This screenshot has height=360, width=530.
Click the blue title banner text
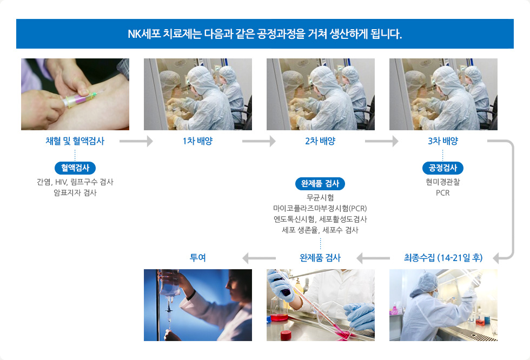point(264,34)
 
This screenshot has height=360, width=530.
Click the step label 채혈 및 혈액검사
point(75,141)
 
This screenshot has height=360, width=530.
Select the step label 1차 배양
point(198,141)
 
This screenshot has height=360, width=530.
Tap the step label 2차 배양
point(320,141)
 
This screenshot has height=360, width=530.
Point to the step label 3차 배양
point(443,141)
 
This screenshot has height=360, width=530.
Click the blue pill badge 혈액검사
point(75,168)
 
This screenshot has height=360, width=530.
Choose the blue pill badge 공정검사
point(443,168)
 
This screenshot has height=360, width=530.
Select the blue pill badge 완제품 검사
point(320,183)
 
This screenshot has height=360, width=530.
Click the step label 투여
point(198,258)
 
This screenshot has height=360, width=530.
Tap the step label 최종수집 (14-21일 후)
point(443,258)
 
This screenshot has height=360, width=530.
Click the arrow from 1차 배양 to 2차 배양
point(259,141)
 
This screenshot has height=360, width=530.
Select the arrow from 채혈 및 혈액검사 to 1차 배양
point(136,141)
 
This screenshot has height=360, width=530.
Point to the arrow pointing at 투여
point(259,258)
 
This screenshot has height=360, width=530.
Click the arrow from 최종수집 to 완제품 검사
point(373,258)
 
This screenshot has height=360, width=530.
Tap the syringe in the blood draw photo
point(78,99)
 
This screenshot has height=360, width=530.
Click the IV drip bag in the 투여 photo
point(169,283)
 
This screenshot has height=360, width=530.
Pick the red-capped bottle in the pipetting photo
point(286,335)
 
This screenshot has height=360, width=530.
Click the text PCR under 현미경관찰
point(443,193)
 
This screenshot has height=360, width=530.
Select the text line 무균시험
point(320,197)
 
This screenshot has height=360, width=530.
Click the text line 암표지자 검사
point(75,193)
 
